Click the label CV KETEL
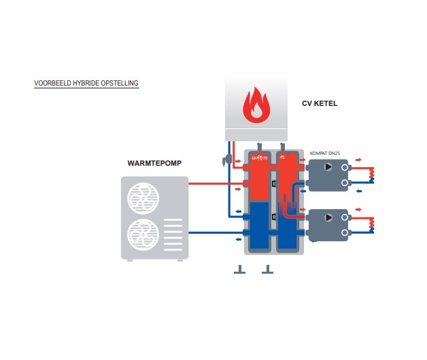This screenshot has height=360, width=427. (320, 104)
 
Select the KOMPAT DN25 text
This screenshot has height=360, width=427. (324, 154)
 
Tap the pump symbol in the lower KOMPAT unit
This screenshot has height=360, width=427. (329, 217)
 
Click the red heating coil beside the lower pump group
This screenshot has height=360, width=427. (371, 223)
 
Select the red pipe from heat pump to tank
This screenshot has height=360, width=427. (214, 183)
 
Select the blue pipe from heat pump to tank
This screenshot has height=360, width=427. (214, 233)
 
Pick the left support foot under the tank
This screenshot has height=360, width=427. (238, 271)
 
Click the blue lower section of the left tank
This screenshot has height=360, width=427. (259, 224)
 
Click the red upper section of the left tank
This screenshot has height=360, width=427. (259, 177)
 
